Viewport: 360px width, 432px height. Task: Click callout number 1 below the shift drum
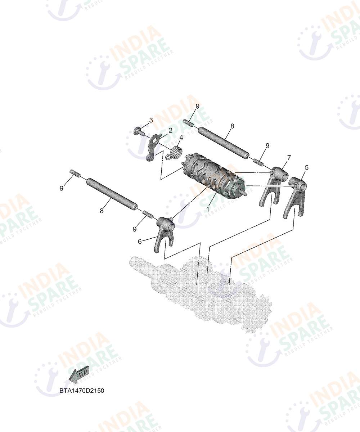[x=208, y=209]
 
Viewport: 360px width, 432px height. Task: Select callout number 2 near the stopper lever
[x=171, y=130]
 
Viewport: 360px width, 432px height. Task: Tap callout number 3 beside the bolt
[x=151, y=120]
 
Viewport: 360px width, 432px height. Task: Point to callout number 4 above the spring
[x=181, y=137]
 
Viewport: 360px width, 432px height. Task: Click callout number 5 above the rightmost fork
[x=307, y=167]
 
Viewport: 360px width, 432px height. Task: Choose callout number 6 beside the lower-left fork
[x=140, y=241]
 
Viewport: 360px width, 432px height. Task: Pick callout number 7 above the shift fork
[x=289, y=158]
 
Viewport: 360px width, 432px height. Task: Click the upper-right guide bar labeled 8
[x=224, y=144]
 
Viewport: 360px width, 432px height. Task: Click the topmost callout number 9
[x=197, y=106]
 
